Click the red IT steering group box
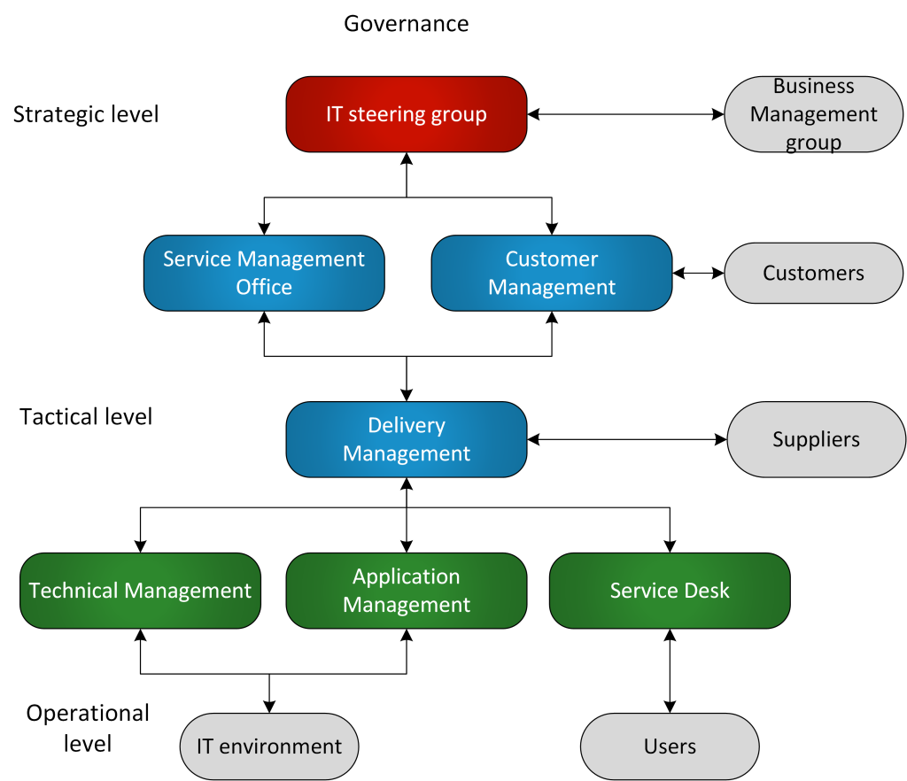point(406,114)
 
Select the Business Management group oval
point(813,114)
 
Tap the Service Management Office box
point(264,274)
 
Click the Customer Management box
point(551,274)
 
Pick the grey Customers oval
point(813,273)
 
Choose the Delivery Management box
point(406,440)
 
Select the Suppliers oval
point(816,439)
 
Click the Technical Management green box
point(140,591)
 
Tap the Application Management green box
point(406,591)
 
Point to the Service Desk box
point(669,591)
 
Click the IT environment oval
point(269,746)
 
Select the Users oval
point(670,746)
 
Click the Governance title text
point(406,23)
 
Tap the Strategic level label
point(86,114)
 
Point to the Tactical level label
point(86,416)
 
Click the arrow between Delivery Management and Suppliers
point(626,438)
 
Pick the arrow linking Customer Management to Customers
point(698,274)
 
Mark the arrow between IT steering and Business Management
point(625,114)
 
